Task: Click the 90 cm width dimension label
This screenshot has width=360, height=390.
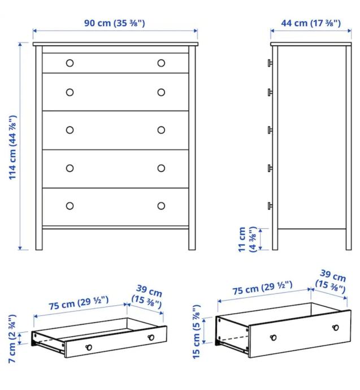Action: pos(115,23)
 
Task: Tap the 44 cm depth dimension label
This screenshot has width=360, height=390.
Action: pos(311,23)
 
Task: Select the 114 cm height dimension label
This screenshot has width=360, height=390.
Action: pos(12,148)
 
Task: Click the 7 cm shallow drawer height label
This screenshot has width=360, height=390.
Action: pos(12,339)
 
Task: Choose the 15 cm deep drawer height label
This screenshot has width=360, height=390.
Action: pos(196,332)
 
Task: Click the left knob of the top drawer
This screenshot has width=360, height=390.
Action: pos(70,63)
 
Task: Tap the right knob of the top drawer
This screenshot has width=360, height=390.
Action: pos(161,63)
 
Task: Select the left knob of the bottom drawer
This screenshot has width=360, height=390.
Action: pos(70,206)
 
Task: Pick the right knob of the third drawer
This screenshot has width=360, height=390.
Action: pos(161,130)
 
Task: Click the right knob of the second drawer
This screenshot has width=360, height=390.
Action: pos(161,93)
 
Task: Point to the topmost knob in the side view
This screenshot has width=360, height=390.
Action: pos(270,63)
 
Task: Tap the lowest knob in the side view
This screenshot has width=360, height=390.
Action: pos(270,206)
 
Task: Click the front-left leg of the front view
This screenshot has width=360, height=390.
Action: pos(39,239)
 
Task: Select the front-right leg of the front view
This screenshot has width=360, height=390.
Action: pos(192,239)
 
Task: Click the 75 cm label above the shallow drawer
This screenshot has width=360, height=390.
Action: pos(79,303)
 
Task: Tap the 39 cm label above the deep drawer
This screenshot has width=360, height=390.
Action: pos(331,281)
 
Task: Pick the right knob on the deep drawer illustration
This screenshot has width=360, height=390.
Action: pos(336,328)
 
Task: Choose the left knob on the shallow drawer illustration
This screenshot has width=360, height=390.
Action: pos(89,347)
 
